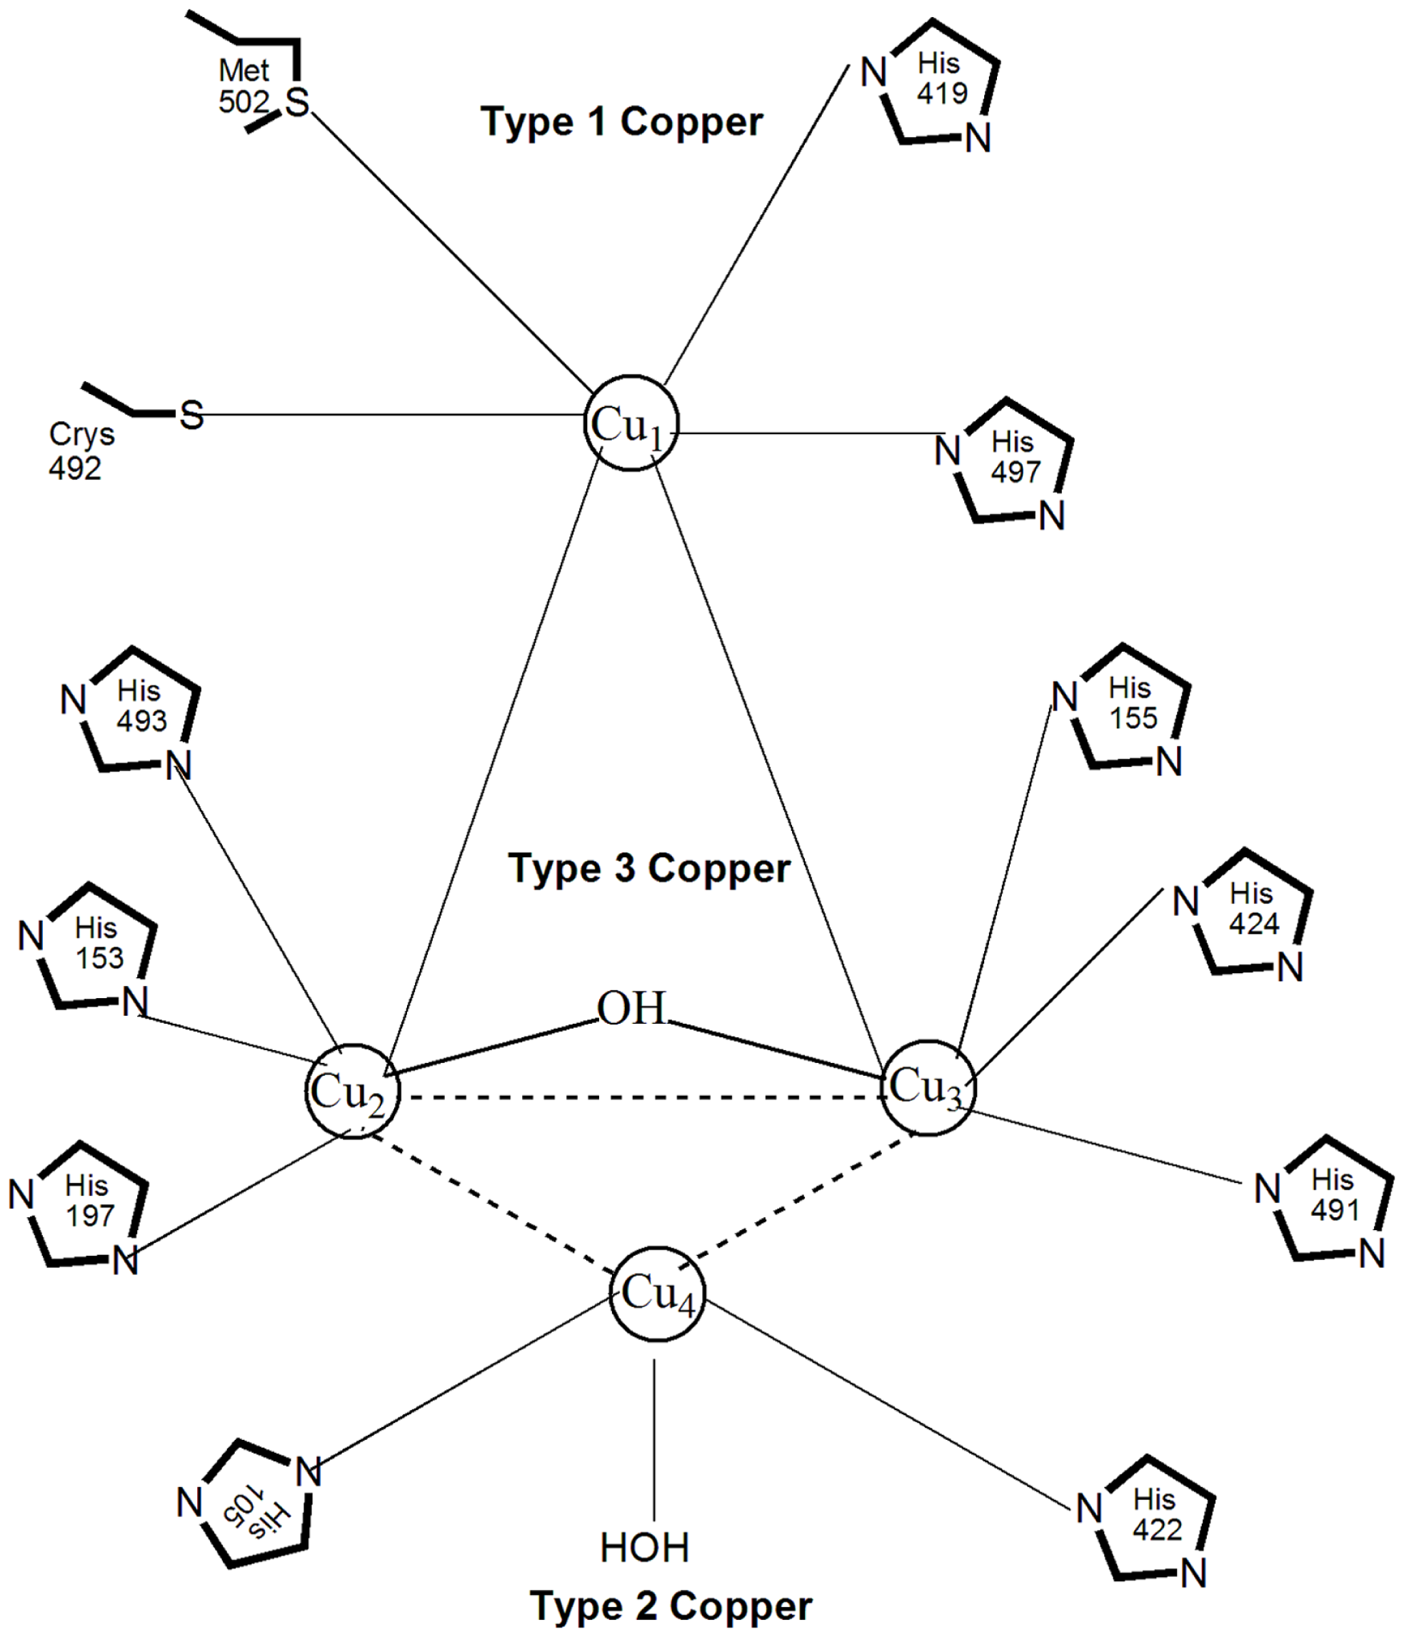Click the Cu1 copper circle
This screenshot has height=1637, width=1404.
(631, 423)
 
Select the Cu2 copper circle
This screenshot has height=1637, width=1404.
(352, 1091)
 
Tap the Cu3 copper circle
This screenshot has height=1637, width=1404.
(928, 1088)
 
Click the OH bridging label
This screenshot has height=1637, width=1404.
(631, 1009)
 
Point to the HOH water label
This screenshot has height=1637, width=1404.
(645, 1547)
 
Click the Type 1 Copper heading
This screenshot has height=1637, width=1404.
(622, 121)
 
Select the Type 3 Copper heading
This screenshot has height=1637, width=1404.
(648, 868)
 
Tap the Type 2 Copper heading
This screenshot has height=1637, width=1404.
(671, 1606)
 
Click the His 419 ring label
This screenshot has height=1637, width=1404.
(941, 79)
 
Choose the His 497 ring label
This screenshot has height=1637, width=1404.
(1015, 457)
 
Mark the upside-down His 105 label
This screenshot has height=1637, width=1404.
(257, 1519)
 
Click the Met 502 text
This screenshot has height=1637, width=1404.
(244, 86)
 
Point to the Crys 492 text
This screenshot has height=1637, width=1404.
(81, 451)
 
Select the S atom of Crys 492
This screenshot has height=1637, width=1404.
(191, 415)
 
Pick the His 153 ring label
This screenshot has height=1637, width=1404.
(98, 942)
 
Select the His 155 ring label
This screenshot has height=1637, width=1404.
(1131, 703)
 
